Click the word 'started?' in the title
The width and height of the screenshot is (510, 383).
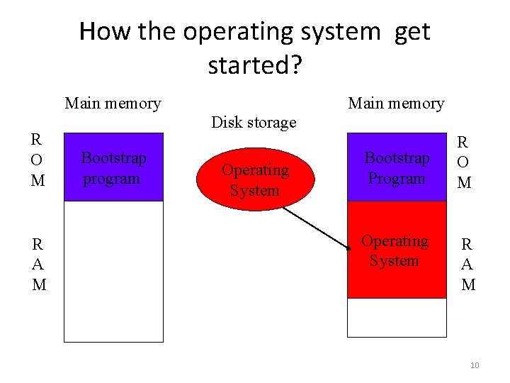pos(255,65)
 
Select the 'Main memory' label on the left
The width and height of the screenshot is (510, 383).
pos(113,104)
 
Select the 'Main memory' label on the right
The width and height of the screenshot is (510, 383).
pos(396,104)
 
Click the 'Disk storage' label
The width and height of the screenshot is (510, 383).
pos(254,123)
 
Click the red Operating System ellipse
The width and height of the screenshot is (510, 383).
pos(255,180)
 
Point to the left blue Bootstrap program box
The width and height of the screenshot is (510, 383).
pos(113,167)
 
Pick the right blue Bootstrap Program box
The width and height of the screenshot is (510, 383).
pos(397,167)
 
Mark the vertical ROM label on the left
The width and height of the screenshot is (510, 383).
pos(38,160)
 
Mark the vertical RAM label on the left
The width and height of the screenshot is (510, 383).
pos(39,265)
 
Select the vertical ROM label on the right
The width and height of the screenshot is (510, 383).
pos(464,162)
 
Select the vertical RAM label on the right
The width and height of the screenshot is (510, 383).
pos(467,265)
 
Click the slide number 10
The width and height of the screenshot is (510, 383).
pos(474,365)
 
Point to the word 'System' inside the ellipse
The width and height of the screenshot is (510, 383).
pos(254,191)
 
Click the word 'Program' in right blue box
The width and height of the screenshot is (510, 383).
pos(397,179)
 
